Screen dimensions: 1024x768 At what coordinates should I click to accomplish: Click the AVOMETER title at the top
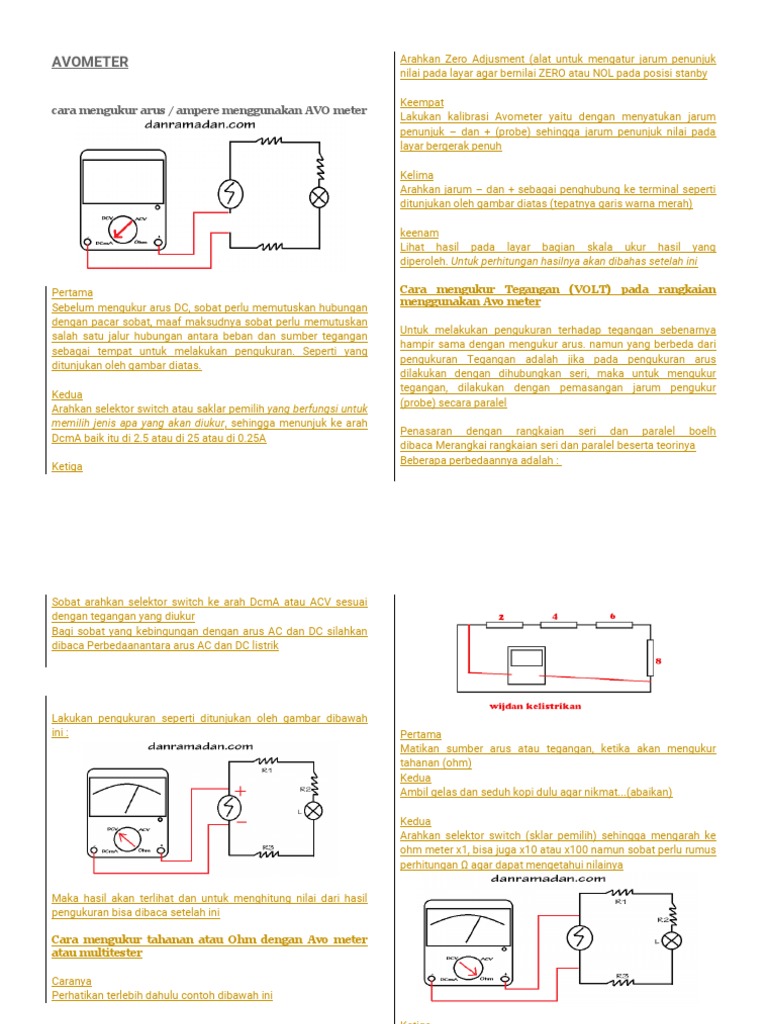[x=90, y=62]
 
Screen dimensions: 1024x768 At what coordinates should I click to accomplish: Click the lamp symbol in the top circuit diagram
[x=319, y=197]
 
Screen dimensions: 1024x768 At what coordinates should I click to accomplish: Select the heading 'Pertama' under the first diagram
[x=72, y=293]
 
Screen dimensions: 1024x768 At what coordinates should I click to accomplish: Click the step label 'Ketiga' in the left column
[x=67, y=467]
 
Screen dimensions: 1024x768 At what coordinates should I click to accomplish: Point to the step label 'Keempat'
[x=422, y=103]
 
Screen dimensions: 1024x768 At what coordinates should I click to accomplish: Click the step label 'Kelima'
[x=417, y=175]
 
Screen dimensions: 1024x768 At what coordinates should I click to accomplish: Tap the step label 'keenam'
[x=419, y=233]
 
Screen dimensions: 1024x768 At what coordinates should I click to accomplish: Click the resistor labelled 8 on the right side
[x=650, y=660]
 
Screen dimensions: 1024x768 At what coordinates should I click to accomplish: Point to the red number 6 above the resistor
[x=612, y=616]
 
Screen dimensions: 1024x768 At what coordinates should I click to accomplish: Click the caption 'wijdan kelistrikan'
[x=535, y=706]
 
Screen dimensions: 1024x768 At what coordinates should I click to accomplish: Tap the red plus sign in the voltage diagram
[x=240, y=790]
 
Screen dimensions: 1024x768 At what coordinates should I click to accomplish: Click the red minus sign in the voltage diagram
[x=240, y=822]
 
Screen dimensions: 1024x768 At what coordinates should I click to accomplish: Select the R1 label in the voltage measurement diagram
[x=266, y=771]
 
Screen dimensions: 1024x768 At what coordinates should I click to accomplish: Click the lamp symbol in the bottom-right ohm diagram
[x=673, y=941]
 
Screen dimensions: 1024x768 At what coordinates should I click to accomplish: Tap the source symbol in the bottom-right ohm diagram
[x=577, y=938]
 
